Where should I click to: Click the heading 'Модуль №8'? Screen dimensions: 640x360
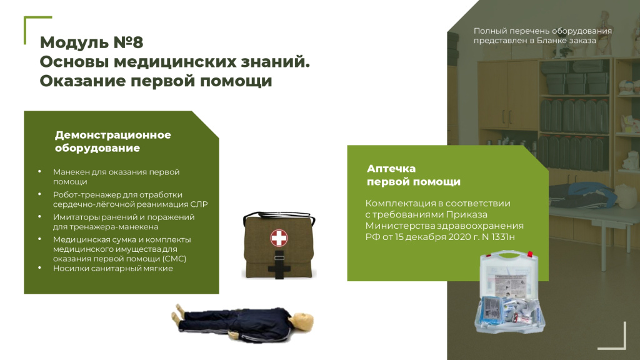click(x=91, y=42)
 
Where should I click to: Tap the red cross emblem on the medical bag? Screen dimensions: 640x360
click(x=279, y=237)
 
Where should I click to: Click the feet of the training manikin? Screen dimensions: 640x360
click(x=178, y=315)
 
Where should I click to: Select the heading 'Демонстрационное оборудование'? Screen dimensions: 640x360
click(x=113, y=141)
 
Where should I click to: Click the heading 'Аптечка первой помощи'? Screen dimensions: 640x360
click(x=414, y=175)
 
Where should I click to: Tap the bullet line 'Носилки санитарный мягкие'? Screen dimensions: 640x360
click(x=113, y=268)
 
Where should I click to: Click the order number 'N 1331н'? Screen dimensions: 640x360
click(x=498, y=237)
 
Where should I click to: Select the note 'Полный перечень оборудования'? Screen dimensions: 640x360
click(x=543, y=31)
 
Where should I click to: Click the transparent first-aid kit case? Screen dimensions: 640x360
click(x=510, y=292)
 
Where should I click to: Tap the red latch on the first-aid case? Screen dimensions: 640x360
click(x=530, y=255)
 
